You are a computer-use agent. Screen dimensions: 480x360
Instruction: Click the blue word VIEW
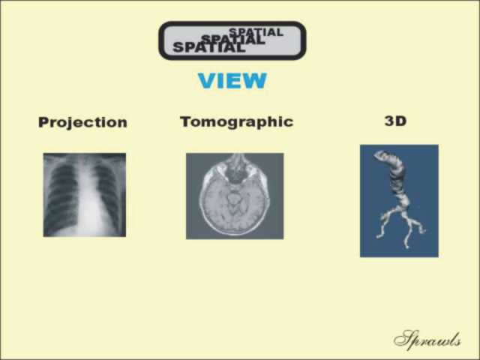pyautogui.click(x=232, y=80)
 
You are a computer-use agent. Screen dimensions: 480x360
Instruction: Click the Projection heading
pyautogui.click(x=82, y=122)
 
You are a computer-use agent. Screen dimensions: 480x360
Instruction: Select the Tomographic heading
pyautogui.click(x=237, y=121)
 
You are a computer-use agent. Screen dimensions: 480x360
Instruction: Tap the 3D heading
pyautogui.click(x=395, y=121)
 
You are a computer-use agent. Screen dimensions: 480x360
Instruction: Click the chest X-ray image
pyautogui.click(x=85, y=195)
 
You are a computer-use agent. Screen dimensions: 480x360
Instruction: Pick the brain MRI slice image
pyautogui.click(x=235, y=196)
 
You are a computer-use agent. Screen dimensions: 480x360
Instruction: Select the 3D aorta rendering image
pyautogui.click(x=399, y=201)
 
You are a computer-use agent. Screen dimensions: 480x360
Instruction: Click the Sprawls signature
pyautogui.click(x=427, y=340)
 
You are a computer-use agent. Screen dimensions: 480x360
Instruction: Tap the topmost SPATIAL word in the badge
pyautogui.click(x=256, y=31)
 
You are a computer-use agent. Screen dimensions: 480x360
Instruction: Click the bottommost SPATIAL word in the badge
pyautogui.click(x=209, y=47)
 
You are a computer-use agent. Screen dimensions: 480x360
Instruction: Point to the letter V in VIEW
pyautogui.click(x=208, y=80)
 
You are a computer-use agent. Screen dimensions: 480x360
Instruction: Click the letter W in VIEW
pyautogui.click(x=255, y=80)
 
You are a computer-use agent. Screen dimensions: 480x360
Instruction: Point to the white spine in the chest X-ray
pyautogui.click(x=86, y=196)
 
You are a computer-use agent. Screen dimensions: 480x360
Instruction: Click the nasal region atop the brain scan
pyautogui.click(x=237, y=168)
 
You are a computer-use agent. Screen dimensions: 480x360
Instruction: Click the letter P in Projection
pyautogui.click(x=43, y=121)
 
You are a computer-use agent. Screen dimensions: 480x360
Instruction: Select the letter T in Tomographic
pyautogui.click(x=186, y=121)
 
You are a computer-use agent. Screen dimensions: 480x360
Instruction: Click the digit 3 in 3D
pyautogui.click(x=390, y=121)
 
